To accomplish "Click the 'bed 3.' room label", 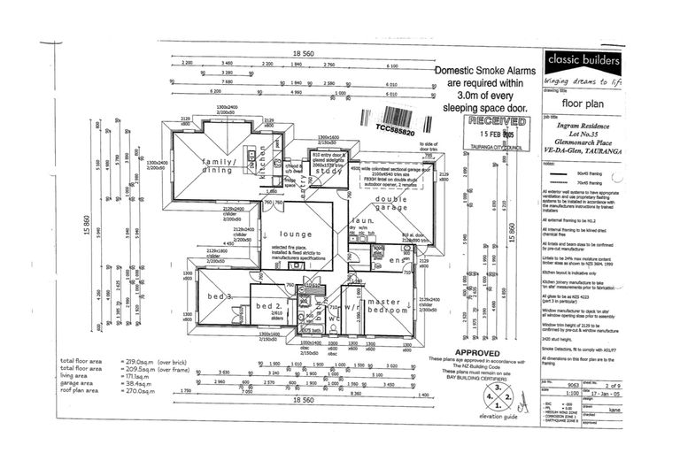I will (x=218, y=296).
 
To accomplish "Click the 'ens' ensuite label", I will (x=396, y=261).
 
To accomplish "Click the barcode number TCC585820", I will (x=395, y=130).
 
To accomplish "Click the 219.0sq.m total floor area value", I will (x=141, y=361).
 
